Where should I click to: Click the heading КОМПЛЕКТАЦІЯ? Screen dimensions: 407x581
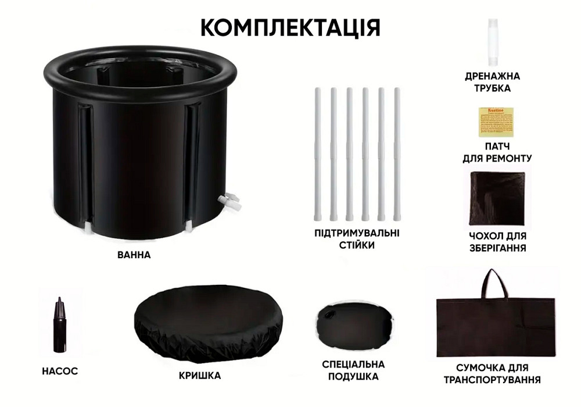[x=290, y=27]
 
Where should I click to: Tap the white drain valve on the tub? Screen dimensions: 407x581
[x=229, y=202]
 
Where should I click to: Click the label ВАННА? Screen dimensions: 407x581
[x=134, y=255]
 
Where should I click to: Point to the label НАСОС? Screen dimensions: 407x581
[x=60, y=371]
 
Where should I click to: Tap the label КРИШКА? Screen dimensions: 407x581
[x=200, y=376]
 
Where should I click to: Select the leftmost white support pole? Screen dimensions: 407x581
[x=318, y=154]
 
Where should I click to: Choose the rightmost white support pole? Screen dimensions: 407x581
[x=397, y=154]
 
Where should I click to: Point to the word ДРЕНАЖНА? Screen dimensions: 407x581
[x=492, y=76]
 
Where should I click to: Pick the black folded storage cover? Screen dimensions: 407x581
[x=497, y=198]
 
